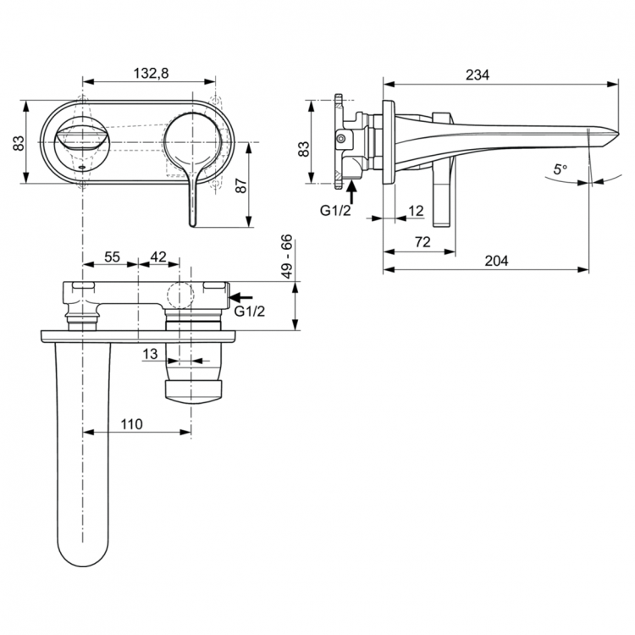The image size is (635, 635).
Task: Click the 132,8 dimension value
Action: pos(152,74)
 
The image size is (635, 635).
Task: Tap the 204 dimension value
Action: pos(495,262)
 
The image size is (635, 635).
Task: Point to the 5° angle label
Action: pos(560,169)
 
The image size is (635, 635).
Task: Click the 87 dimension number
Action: pos(240,185)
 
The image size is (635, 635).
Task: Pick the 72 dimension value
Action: pos(423,241)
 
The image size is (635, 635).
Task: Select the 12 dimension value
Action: pos(416,209)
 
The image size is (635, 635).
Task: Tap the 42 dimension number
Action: pos(159,257)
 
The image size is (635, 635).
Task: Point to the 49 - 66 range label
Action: pos(288,258)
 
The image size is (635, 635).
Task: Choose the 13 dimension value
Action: pos(149,354)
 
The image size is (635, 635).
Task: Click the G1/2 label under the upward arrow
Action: pos(335,211)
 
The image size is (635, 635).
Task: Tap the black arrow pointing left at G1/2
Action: pos(241,297)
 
